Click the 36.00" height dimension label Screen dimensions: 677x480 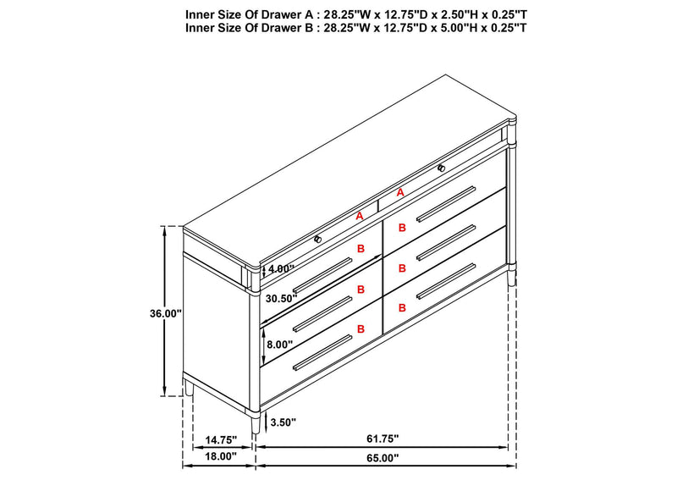click(166, 314)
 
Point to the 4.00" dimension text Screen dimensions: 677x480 click(281, 268)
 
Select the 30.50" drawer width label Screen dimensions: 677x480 click(282, 298)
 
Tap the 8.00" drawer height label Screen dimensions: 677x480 click(279, 345)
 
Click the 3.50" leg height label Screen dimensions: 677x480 click(283, 422)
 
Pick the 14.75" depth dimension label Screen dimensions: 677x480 click(221, 440)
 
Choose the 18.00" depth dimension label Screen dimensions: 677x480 click(221, 456)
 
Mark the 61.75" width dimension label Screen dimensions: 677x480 click(383, 439)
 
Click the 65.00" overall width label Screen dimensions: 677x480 click(383, 458)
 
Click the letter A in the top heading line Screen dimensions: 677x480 click(308, 14)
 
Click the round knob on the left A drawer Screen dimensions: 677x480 click(318, 239)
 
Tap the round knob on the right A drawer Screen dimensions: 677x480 click(441, 168)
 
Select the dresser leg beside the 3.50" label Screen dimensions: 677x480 click(256, 422)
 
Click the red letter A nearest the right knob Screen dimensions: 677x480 click(400, 193)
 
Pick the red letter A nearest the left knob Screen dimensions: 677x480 click(359, 216)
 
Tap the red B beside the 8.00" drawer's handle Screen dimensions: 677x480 click(361, 328)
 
